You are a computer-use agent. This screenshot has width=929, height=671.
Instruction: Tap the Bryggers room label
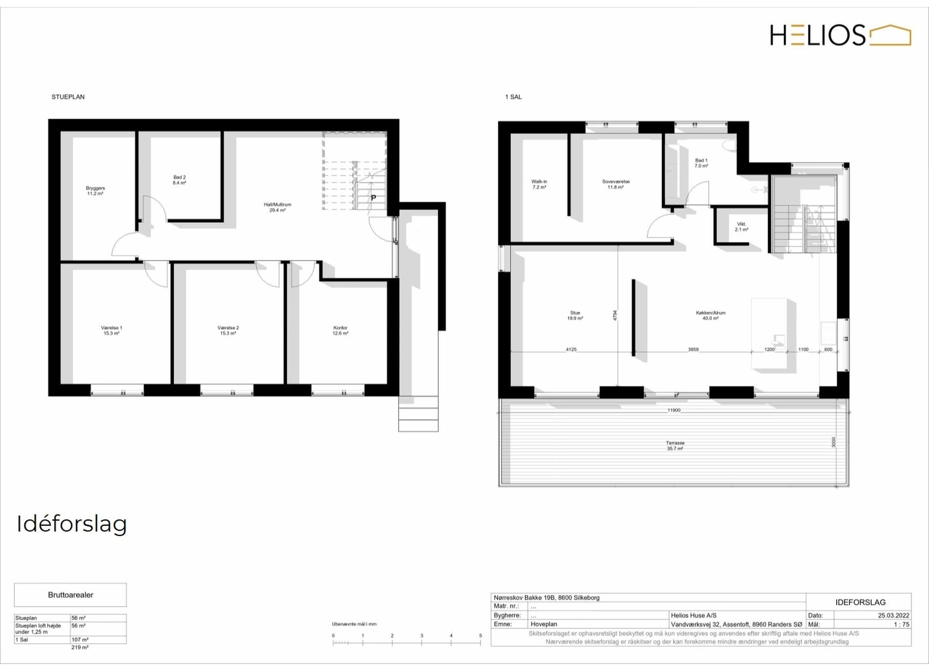(x=95, y=191)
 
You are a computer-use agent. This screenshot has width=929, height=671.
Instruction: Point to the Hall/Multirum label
(x=277, y=207)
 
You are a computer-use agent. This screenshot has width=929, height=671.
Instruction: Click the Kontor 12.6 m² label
(x=340, y=331)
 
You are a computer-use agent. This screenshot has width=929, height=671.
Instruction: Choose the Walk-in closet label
(x=539, y=184)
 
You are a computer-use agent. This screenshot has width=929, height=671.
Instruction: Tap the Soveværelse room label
(x=616, y=184)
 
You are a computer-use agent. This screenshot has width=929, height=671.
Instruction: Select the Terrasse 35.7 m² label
(x=675, y=446)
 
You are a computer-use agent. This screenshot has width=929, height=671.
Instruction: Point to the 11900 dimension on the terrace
(x=674, y=410)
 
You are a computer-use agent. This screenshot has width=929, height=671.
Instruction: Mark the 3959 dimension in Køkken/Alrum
(x=693, y=350)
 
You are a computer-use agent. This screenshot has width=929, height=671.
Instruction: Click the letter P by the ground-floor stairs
(x=373, y=197)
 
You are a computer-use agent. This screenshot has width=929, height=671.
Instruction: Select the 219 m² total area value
(x=80, y=647)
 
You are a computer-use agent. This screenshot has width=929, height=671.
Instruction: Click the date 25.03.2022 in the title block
(x=893, y=615)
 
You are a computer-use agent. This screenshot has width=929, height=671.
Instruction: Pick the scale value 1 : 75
(x=901, y=624)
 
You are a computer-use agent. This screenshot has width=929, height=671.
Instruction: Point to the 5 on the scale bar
(x=481, y=636)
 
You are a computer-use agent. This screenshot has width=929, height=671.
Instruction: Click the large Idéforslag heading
(x=72, y=524)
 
